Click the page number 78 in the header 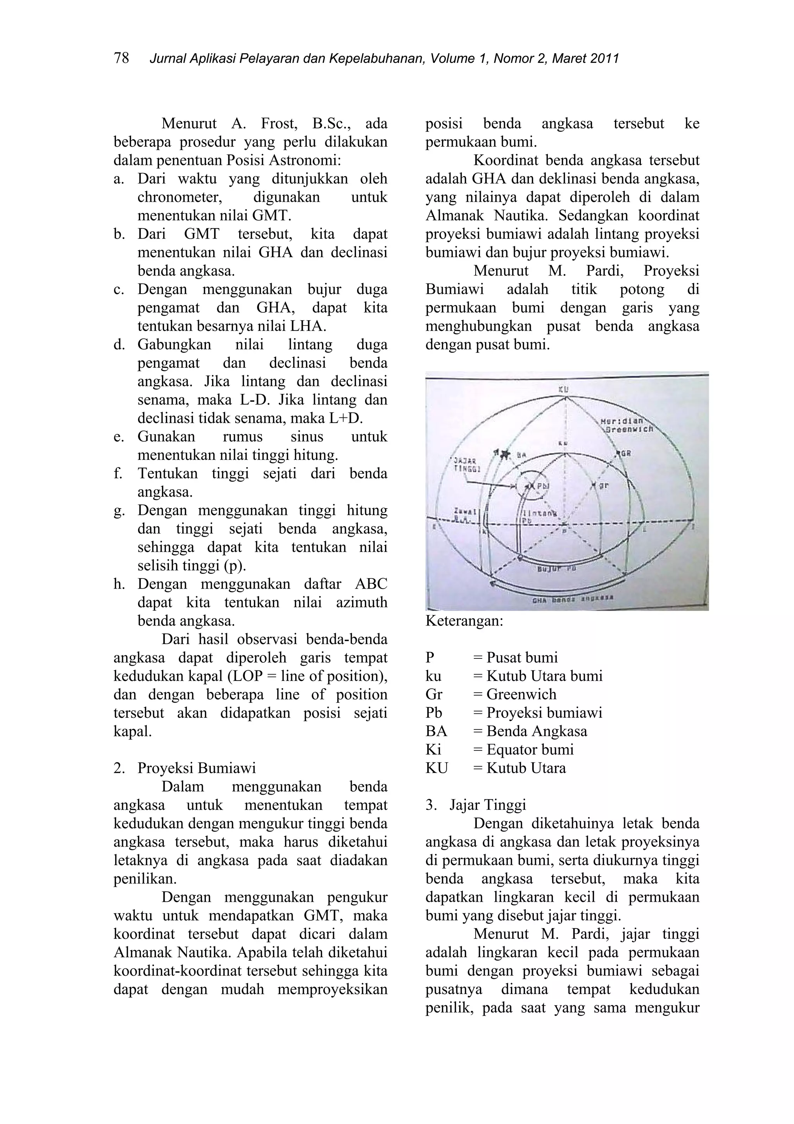pos(121,58)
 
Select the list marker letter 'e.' pos(119,436)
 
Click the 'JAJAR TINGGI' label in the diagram pos(465,464)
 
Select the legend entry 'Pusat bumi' pos(521,658)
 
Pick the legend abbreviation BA pos(437,731)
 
